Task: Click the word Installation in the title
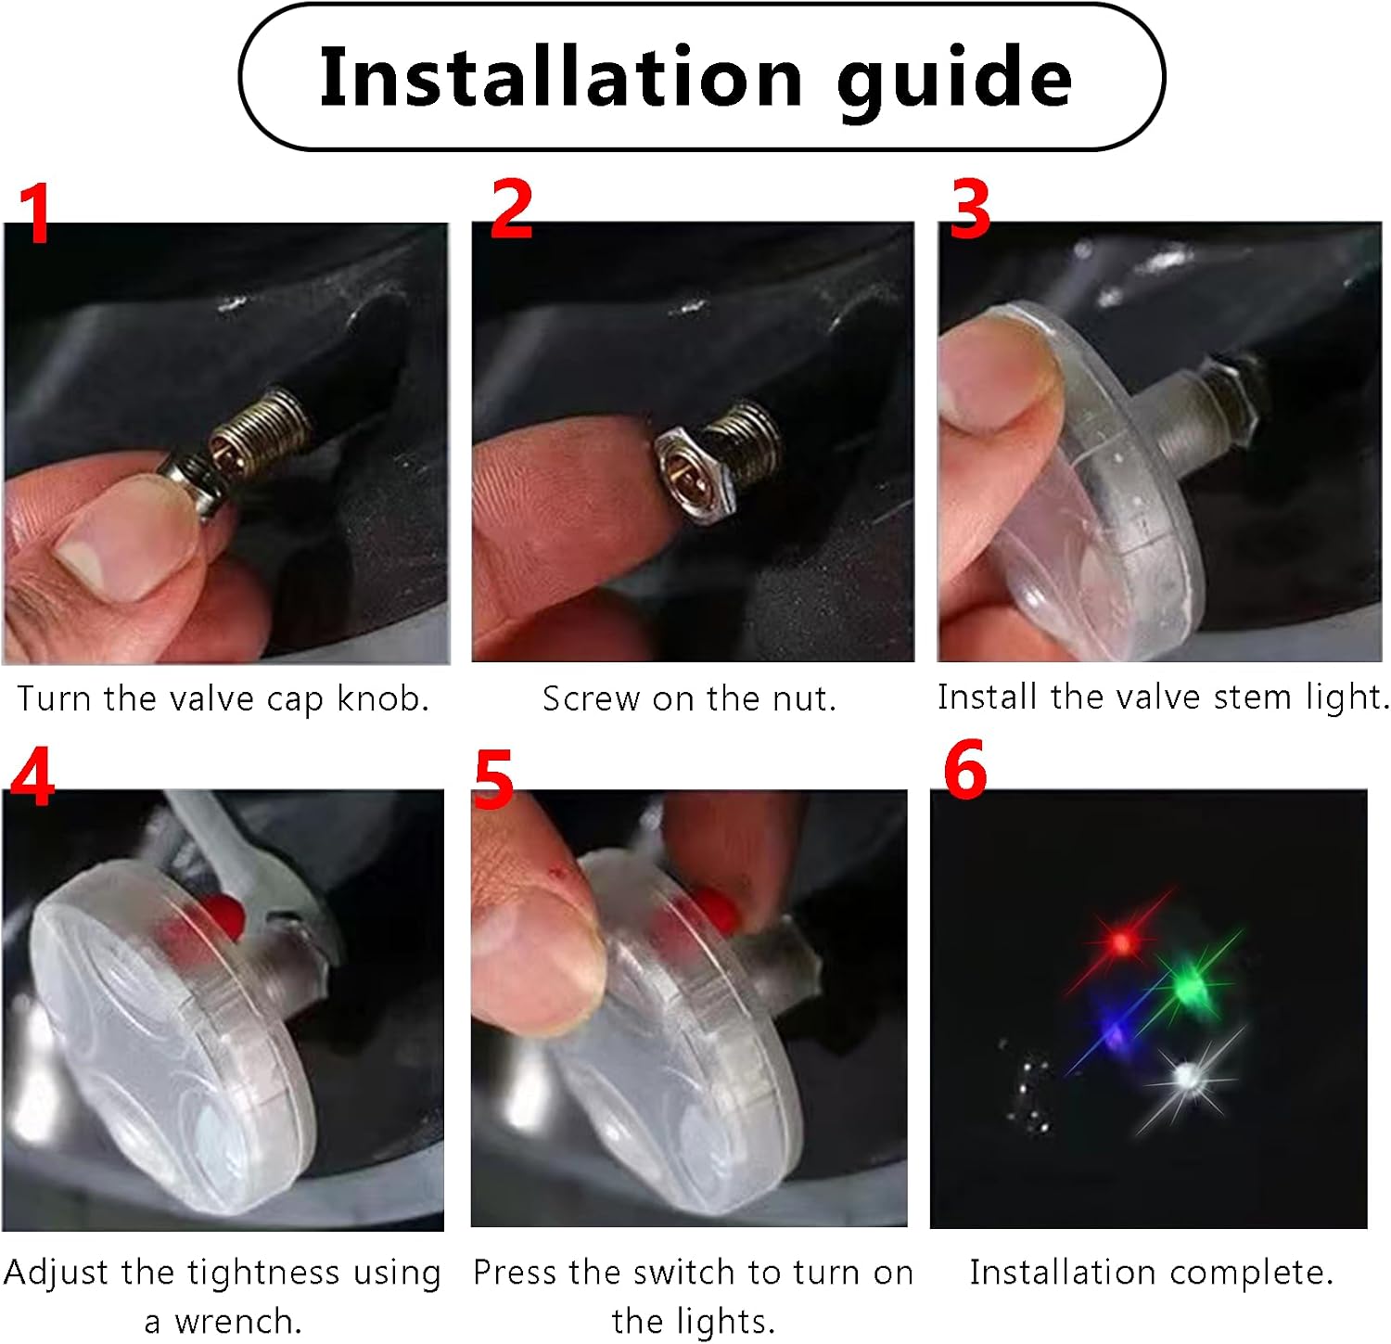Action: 560,76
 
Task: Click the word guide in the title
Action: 954,83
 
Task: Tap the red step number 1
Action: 35,213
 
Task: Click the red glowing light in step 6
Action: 1122,943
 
